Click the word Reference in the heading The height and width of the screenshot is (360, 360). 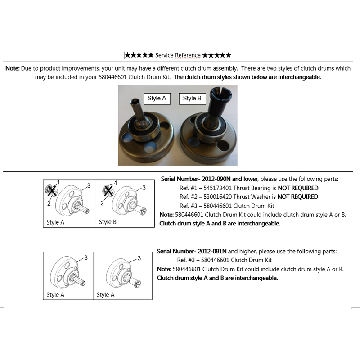(188, 55)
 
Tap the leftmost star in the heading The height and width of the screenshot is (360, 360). (127, 55)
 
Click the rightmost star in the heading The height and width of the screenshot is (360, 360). (228, 55)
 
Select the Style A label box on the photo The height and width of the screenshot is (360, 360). (157, 99)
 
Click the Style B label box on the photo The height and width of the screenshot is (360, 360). (192, 99)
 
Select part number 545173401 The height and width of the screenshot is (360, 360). (217, 188)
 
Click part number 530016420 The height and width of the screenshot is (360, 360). (217, 197)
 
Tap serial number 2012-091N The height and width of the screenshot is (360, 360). (212, 252)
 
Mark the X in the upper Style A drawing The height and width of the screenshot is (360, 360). (52, 191)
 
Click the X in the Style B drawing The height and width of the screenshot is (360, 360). (108, 190)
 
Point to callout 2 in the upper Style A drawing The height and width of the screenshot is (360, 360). (49, 203)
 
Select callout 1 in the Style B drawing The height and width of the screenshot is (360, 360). (116, 183)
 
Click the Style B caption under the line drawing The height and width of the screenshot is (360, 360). (108, 222)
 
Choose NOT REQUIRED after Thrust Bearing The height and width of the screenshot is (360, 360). (298, 188)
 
